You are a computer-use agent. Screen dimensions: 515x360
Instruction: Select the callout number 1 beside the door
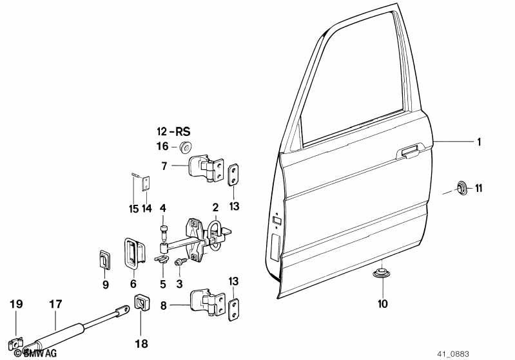pos(479,142)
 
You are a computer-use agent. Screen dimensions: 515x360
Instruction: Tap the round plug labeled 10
pos(381,273)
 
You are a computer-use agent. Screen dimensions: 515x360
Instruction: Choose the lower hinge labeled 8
pos(208,302)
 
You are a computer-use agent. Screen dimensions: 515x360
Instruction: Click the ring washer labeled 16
pos(186,147)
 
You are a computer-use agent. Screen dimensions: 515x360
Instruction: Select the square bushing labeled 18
pos(142,302)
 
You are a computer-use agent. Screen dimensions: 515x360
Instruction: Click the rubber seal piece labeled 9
pos(104,260)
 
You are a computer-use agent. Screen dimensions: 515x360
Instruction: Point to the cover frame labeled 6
pos(133,253)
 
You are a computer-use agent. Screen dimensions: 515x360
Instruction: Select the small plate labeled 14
pos(146,184)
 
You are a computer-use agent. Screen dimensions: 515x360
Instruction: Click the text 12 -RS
pos(173,131)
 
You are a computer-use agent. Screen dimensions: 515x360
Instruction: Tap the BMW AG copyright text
pos(35,353)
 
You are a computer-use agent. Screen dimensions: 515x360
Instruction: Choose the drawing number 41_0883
pos(453,354)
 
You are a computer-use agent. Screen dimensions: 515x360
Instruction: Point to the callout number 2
pos(215,207)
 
